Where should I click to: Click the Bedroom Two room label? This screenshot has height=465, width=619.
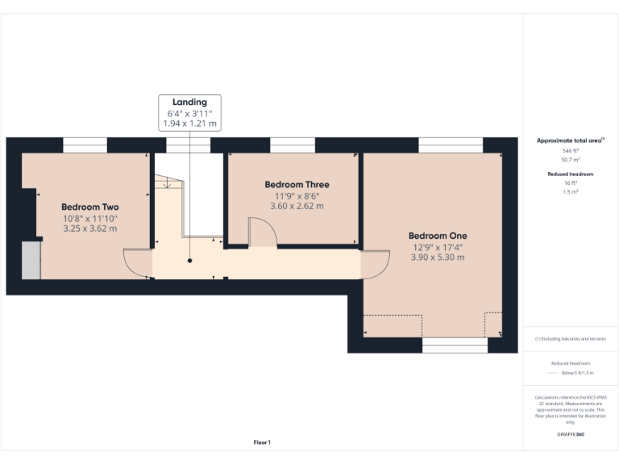[89, 207]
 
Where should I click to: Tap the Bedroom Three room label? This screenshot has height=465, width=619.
[297, 185]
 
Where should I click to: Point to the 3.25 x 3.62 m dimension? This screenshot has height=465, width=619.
[89, 228]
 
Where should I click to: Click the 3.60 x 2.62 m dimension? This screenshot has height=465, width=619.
[297, 206]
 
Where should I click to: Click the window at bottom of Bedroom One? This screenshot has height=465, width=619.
[455, 346]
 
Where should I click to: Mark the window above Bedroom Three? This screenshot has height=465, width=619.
[292, 145]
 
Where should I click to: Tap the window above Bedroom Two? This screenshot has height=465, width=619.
[85, 145]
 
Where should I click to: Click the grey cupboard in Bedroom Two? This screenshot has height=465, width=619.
[31, 260]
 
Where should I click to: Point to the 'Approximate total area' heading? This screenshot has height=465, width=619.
[570, 140]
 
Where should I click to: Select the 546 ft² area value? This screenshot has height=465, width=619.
[570, 151]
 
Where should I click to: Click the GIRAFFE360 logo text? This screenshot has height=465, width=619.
[570, 435]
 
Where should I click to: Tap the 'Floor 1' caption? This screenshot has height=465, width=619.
[262, 442]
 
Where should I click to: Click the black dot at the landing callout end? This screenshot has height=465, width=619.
[190, 261]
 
